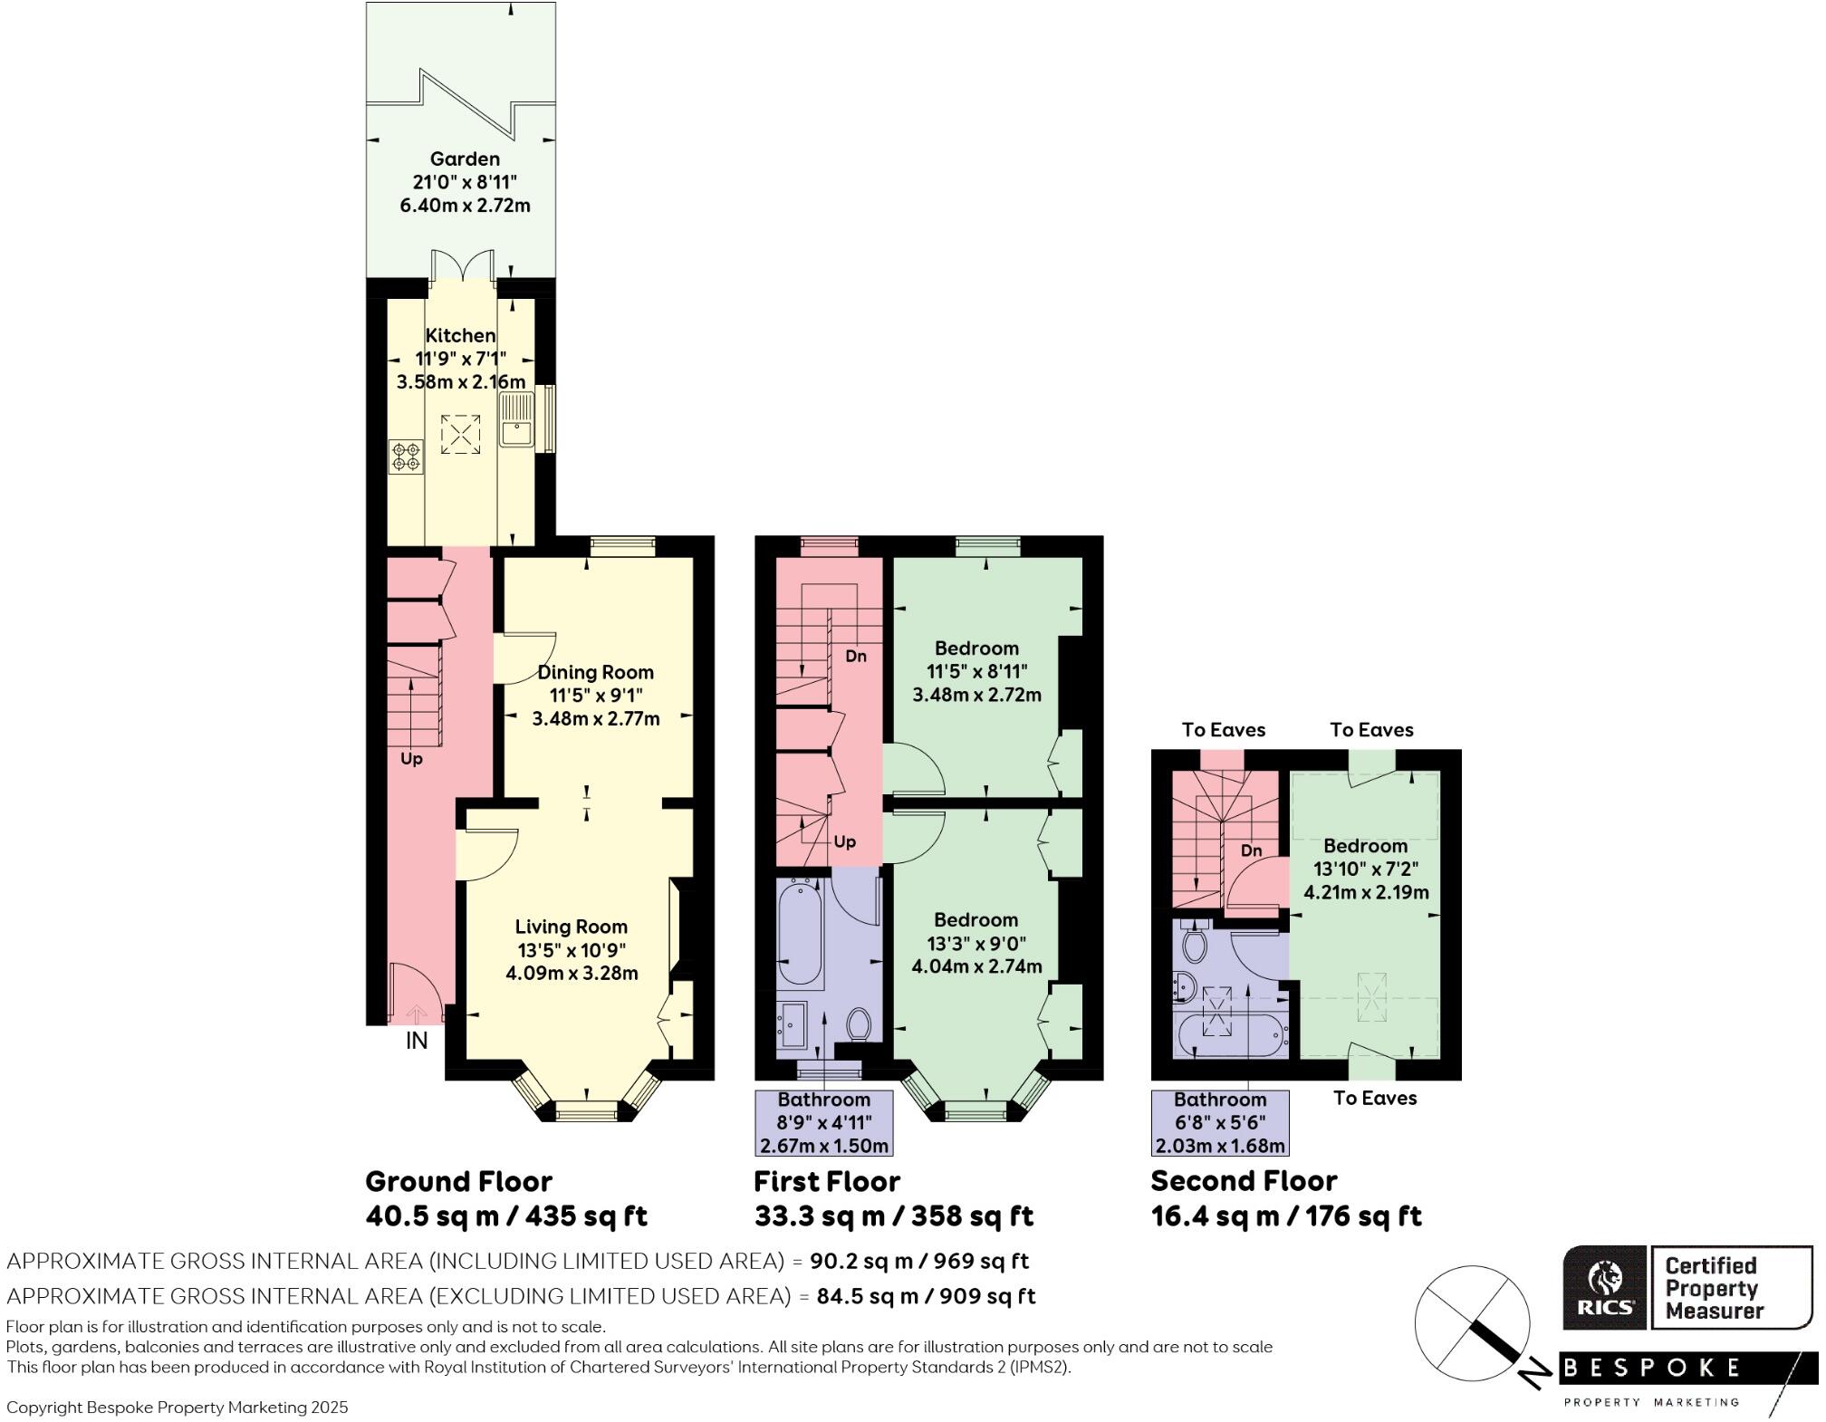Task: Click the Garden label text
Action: [x=465, y=159]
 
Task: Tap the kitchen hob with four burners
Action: [x=406, y=456]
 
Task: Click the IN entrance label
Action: [x=416, y=1041]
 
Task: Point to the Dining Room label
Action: [x=595, y=672]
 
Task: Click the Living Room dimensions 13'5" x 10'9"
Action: [x=572, y=950]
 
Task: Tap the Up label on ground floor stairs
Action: [x=411, y=759]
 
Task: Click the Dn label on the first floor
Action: [x=856, y=656]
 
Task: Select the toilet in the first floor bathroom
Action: [x=859, y=1025]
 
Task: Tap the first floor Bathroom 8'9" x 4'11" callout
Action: [x=823, y=1123]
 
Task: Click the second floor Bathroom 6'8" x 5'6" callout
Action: [x=1220, y=1123]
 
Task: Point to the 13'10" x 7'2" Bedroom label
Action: [x=1366, y=868]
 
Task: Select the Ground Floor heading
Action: [x=458, y=1181]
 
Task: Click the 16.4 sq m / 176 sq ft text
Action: [x=1286, y=1215]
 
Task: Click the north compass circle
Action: [x=1472, y=1321]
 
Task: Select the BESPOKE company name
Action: [x=1652, y=1368]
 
